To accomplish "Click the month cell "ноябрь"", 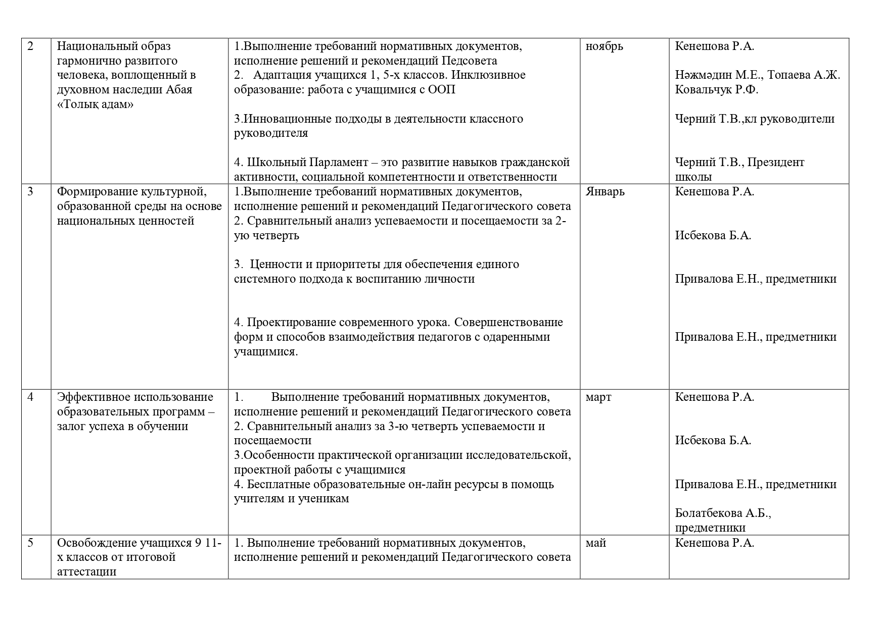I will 604,46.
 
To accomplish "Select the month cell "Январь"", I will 605,192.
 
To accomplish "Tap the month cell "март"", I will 598,397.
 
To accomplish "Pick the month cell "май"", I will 596,543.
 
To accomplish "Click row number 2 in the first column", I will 30,46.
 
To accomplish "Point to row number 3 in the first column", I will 30,192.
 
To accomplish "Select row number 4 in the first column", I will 30,397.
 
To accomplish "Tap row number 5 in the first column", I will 30,543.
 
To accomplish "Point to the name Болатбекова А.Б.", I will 723,513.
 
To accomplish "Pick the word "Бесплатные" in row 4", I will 278,485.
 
